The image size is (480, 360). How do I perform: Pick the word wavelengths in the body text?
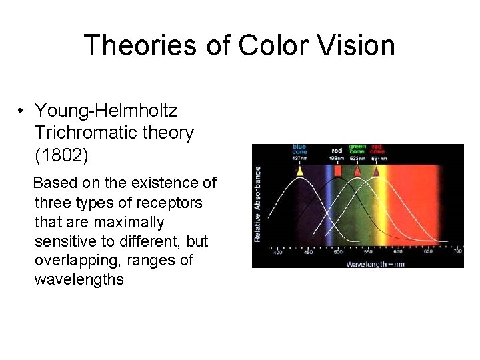tap(79, 279)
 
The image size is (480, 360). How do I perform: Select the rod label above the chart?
tap(337, 151)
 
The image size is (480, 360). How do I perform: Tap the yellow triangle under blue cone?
tap(299, 171)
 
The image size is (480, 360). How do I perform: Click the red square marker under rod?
tap(337, 171)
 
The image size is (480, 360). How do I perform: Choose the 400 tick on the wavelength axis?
tap(278, 253)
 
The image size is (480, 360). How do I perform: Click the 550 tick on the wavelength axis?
tap(367, 253)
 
